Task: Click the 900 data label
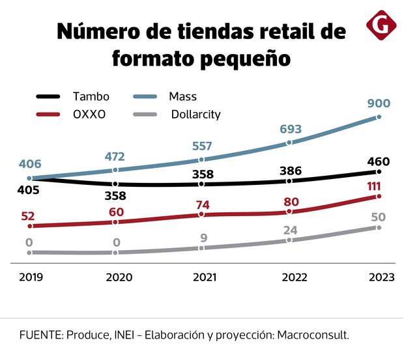[x=381, y=103]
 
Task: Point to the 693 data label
[x=290, y=130]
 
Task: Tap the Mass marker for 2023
[x=379, y=117]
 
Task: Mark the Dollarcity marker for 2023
[x=379, y=227]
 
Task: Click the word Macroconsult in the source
[x=313, y=335]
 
